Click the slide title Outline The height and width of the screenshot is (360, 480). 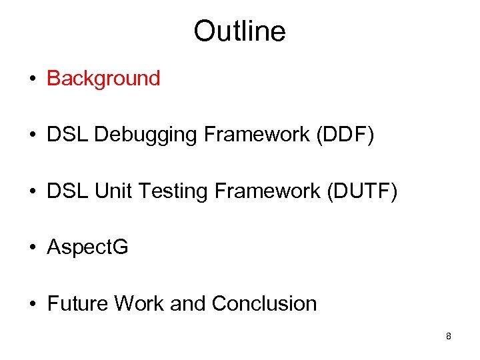239,31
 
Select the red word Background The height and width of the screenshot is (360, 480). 103,79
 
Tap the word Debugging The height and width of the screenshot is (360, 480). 146,135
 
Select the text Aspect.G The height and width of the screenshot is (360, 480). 87,248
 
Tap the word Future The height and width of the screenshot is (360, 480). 77,304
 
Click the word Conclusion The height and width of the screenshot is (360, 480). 264,304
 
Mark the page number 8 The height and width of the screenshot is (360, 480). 449,337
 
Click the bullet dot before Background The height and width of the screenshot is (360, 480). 32,79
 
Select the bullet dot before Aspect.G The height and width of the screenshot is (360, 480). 32,249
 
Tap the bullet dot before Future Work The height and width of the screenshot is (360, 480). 32,305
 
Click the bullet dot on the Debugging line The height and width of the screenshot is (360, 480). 32,136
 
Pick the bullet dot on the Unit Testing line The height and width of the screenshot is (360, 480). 32,192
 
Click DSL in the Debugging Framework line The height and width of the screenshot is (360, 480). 67,135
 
